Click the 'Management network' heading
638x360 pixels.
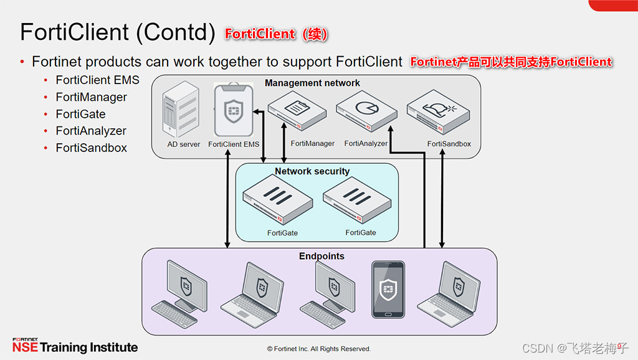point(312,83)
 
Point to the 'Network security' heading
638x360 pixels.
point(312,171)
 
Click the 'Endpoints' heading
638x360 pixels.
point(321,256)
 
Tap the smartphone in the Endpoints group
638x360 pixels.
point(388,290)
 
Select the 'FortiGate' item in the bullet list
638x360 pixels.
point(80,114)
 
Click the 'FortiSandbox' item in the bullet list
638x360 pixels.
point(91,148)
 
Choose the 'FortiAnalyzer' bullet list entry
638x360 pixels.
point(91,131)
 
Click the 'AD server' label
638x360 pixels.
point(184,144)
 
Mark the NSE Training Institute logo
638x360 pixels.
point(75,346)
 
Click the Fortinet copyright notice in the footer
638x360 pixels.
point(318,349)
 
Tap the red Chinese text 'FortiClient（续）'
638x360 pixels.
point(276,34)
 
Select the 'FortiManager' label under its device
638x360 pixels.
point(313,143)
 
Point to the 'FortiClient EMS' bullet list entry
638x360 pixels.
point(97,80)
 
